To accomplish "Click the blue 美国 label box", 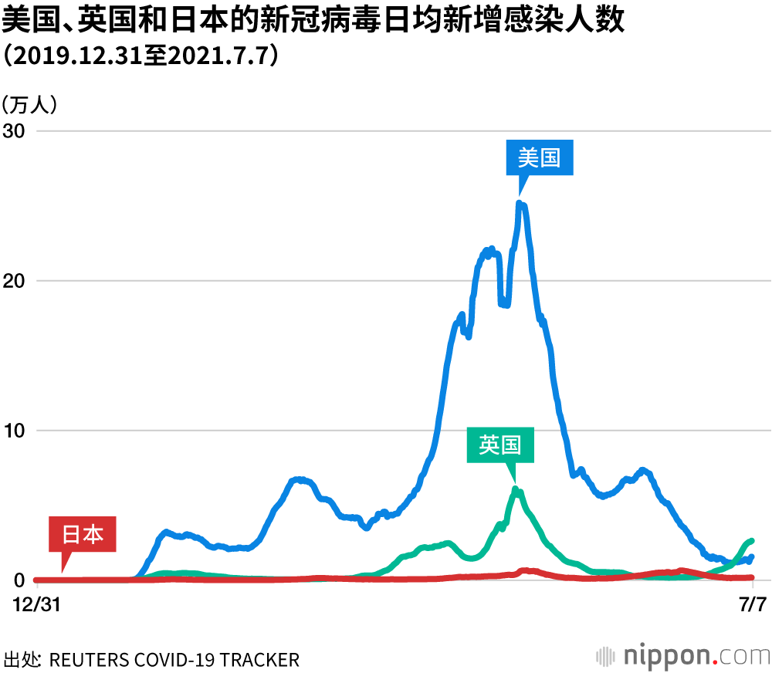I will (540, 158).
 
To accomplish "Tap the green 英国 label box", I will (500, 445).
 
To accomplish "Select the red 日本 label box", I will (83, 534).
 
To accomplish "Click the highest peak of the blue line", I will (520, 204).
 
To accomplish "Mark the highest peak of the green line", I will (516, 489).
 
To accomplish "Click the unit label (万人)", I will (29, 104).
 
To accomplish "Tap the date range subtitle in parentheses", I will (140, 57).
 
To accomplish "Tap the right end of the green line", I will (751, 541).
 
